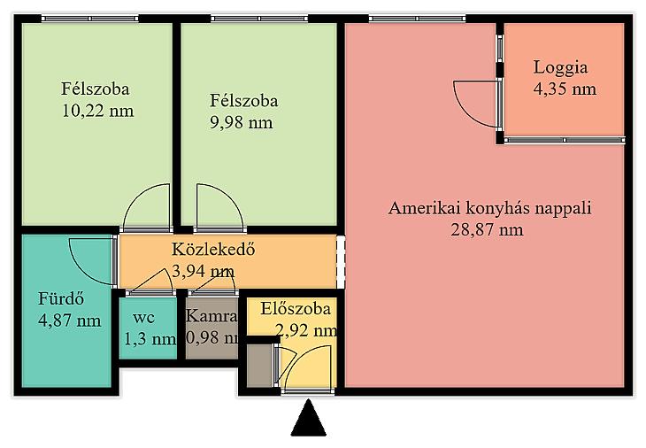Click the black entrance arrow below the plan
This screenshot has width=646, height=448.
coord(309,420)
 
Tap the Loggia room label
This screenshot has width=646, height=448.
coord(560,68)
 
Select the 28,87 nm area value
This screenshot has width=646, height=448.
coord(487,229)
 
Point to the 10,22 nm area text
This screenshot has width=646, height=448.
coord(98,111)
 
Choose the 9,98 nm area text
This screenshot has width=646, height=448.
coord(242,122)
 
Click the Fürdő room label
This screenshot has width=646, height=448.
coord(61,298)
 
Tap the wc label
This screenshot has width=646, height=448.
coord(144,318)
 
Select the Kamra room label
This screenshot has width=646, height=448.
coord(211,316)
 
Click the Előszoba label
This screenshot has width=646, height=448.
coord(296,308)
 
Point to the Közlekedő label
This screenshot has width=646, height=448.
coord(213,249)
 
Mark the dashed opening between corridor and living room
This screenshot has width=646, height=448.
coord(341,262)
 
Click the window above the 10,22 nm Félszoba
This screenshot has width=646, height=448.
coord(89,19)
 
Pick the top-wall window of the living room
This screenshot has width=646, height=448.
coord(418,19)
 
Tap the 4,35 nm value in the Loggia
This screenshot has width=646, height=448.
coord(565,89)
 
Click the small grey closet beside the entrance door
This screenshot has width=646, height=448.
coord(260,366)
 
